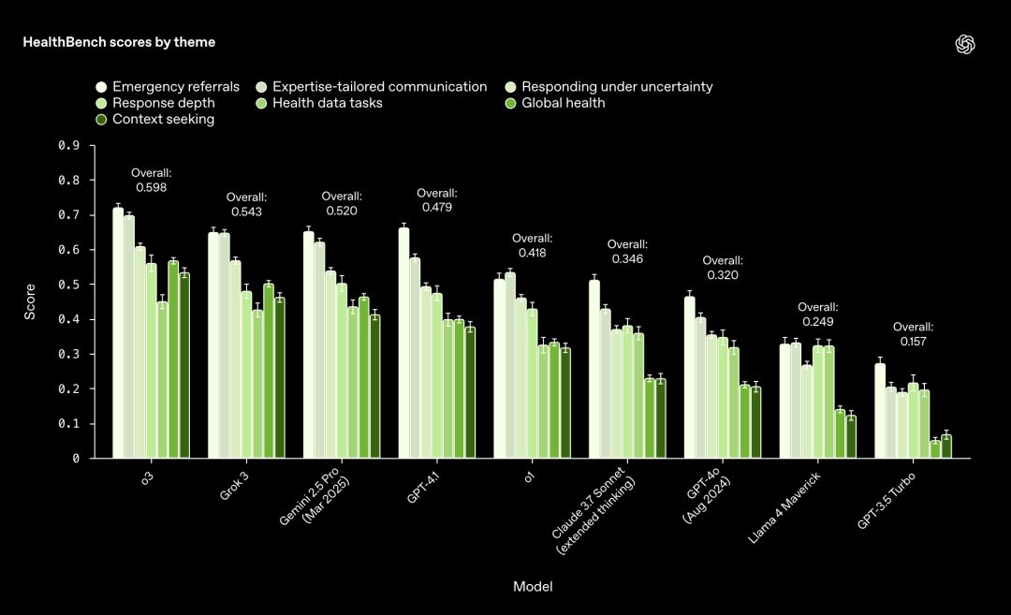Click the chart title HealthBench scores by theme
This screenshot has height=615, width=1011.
pyautogui.click(x=119, y=42)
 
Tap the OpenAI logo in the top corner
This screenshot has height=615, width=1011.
pyautogui.click(x=965, y=44)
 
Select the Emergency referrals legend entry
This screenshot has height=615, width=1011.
pyautogui.click(x=168, y=87)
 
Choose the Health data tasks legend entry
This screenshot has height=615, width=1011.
pyautogui.click(x=318, y=103)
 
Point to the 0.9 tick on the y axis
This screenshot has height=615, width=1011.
pyautogui.click(x=68, y=146)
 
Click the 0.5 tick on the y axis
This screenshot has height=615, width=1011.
pyautogui.click(x=68, y=285)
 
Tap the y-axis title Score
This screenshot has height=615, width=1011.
pyautogui.click(x=30, y=302)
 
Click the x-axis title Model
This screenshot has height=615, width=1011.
pyautogui.click(x=533, y=587)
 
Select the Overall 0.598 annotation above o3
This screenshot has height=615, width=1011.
pyautogui.click(x=152, y=180)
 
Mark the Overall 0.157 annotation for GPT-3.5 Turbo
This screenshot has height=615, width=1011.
pyautogui.click(x=914, y=334)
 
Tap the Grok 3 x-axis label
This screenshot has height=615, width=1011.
pyautogui.click(x=233, y=485)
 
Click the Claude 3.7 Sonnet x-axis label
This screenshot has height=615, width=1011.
pyautogui.click(x=593, y=511)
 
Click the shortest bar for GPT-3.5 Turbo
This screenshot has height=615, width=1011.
pyautogui.click(x=935, y=449)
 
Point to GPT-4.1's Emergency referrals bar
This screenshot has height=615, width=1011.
pyautogui.click(x=403, y=343)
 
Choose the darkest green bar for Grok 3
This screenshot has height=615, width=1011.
pyautogui.click(x=279, y=378)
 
